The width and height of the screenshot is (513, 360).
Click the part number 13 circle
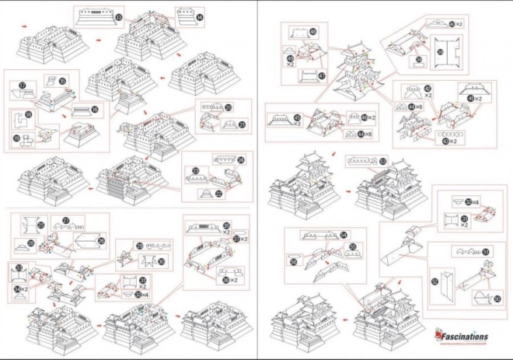coord(118,16)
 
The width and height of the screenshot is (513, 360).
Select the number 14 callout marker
coord(201,16)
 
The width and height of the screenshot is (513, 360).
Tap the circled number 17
coord(23,85)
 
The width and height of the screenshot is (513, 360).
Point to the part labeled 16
coord(94,111)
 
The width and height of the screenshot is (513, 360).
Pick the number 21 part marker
coord(242,124)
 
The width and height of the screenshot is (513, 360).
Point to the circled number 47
coord(322,75)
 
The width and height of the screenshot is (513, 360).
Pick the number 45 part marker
coord(276,119)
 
